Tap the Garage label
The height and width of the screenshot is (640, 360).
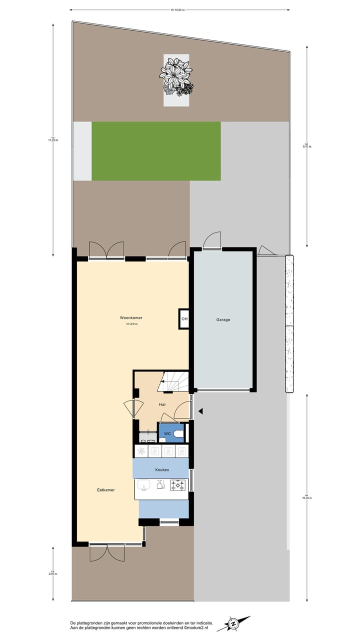click(223, 319)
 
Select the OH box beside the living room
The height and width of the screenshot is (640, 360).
click(184, 319)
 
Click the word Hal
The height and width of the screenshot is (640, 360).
click(162, 404)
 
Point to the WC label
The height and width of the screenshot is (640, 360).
click(167, 433)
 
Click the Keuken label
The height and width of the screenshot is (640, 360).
click(162, 469)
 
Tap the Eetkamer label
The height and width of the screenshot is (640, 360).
click(105, 490)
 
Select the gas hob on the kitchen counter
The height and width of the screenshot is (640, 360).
click(177, 485)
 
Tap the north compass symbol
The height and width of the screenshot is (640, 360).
click(233, 623)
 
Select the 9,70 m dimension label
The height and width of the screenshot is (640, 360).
click(306, 146)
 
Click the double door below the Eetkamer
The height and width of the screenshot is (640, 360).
click(106, 553)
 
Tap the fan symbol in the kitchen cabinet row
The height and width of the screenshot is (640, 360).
click(142, 451)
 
